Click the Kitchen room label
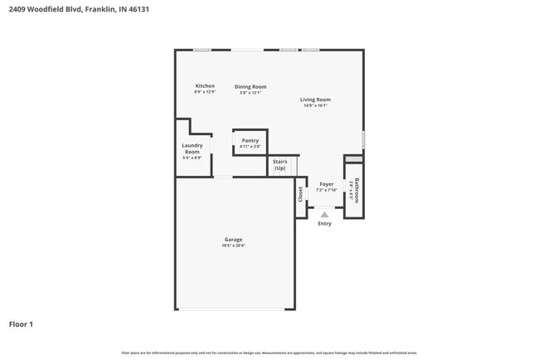(x=205, y=86)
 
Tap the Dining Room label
(x=250, y=86)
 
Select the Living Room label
(x=315, y=100)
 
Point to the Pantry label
(x=250, y=141)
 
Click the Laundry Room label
(x=192, y=148)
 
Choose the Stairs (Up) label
(x=280, y=165)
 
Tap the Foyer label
(x=327, y=184)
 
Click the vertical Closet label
(x=301, y=194)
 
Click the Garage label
(x=233, y=240)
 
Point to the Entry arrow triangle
(x=324, y=214)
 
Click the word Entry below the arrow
(x=324, y=223)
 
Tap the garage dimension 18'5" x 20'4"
(x=233, y=246)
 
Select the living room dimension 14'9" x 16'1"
(x=315, y=105)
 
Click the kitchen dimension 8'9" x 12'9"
(x=205, y=92)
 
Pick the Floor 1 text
(x=21, y=324)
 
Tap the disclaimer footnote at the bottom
(x=269, y=353)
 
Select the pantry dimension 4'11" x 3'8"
(x=250, y=147)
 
